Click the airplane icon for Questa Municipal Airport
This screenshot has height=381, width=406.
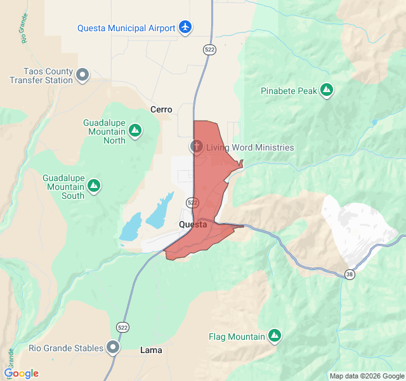tap(185, 27)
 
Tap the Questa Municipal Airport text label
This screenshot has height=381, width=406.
tap(126, 28)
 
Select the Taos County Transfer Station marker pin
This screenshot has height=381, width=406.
tap(82, 76)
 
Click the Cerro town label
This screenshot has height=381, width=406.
tap(161, 109)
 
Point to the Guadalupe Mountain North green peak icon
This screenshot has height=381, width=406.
tap(134, 131)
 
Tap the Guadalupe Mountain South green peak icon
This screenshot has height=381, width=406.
tap(94, 185)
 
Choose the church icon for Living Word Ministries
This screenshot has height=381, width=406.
tap(197, 147)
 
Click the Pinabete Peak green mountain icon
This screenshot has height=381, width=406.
tap(327, 91)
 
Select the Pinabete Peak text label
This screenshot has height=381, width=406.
tap(289, 91)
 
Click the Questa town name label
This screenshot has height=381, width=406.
tap(193, 225)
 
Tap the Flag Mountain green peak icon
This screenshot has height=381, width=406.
tap(274, 335)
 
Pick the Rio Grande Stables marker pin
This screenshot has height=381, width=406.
tap(113, 347)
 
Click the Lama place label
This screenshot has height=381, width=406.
tap(151, 350)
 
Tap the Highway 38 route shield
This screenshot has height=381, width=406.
tap(350, 274)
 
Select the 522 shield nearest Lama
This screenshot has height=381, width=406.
tap(123, 327)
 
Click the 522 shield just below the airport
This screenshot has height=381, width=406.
tap(209, 49)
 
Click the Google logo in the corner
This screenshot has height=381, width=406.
tap(21, 373)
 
